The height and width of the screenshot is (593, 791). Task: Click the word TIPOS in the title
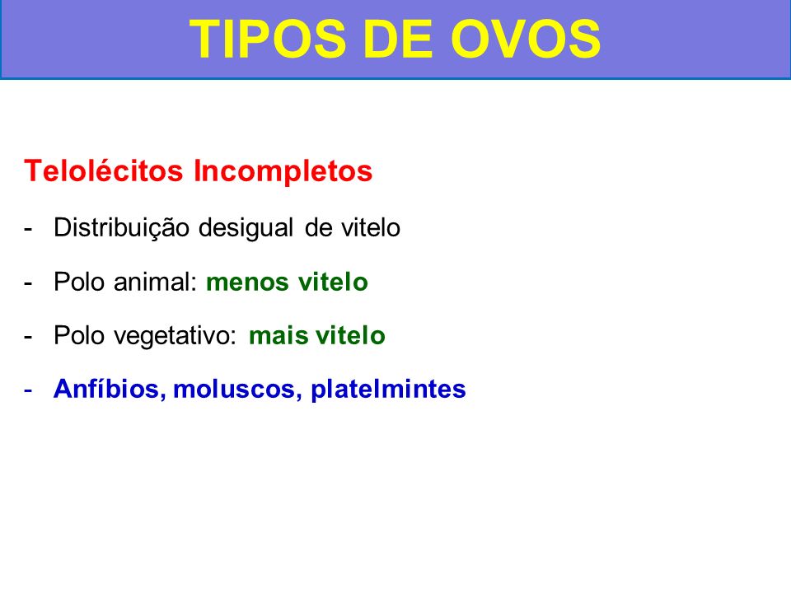267,40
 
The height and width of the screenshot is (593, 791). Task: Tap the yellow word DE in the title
398,40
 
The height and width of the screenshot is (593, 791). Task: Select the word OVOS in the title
525,40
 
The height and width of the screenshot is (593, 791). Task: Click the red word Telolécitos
104,170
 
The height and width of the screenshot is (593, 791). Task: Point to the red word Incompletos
283,172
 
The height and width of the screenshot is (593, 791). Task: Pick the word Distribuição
122,228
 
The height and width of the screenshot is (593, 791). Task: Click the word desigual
246,228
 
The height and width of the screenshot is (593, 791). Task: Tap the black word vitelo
371,227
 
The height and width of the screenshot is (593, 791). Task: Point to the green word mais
277,335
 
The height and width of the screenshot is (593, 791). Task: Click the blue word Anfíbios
107,389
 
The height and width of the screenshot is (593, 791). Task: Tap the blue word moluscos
234,390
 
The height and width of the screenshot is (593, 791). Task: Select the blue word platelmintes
388,390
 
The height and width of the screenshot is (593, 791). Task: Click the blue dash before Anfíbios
28,390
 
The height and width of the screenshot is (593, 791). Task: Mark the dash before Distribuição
28,228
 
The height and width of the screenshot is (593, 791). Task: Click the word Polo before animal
80,282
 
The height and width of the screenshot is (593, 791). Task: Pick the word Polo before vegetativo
80,335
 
